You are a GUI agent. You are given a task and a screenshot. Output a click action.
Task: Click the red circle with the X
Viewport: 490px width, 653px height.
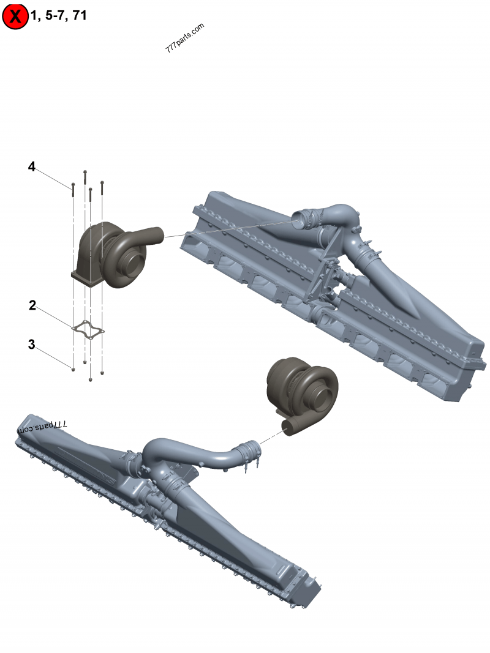[15, 17]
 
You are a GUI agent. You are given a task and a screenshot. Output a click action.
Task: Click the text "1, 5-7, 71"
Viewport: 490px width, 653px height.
[59, 15]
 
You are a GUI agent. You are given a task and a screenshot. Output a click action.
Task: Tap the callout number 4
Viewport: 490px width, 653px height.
[32, 166]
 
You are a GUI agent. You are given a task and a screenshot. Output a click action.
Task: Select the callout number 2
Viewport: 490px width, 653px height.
[32, 305]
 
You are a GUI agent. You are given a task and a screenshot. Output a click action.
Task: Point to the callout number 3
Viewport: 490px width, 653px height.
[32, 345]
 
